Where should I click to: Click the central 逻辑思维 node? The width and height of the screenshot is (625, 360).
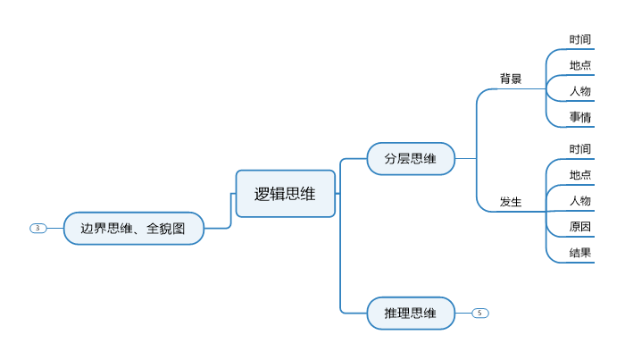[x=285, y=194]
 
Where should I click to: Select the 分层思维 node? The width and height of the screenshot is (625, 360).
[x=411, y=159]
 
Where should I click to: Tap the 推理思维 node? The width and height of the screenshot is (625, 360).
[x=411, y=313]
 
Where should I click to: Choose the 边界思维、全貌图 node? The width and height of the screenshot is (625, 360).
[x=133, y=228]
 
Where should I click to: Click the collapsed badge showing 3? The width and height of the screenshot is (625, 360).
[x=37, y=228]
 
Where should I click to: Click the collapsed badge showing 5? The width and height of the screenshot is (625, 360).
[x=480, y=313]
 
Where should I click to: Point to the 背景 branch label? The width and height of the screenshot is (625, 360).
[x=511, y=79]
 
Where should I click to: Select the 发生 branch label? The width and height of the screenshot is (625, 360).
[x=511, y=202]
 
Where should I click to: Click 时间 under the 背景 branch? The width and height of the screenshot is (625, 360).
[x=580, y=39]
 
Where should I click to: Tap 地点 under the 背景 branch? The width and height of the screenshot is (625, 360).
[x=580, y=65]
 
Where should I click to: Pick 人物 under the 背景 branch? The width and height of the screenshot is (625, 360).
[x=580, y=91]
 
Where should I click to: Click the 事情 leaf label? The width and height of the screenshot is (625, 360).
[x=580, y=117]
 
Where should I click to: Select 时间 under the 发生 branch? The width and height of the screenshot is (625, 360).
[x=580, y=148]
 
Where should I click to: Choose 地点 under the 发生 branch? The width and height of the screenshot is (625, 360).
[x=580, y=174]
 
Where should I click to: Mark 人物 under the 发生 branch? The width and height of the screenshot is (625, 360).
[x=580, y=200]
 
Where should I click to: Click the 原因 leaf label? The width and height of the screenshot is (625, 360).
[x=580, y=226]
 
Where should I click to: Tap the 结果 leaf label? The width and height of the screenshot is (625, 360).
[x=580, y=252]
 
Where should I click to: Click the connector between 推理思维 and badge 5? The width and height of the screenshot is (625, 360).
[x=463, y=313]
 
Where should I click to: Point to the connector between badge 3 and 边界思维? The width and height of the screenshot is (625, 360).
[x=54, y=228]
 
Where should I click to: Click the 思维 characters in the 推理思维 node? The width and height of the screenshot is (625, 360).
[x=424, y=313]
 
